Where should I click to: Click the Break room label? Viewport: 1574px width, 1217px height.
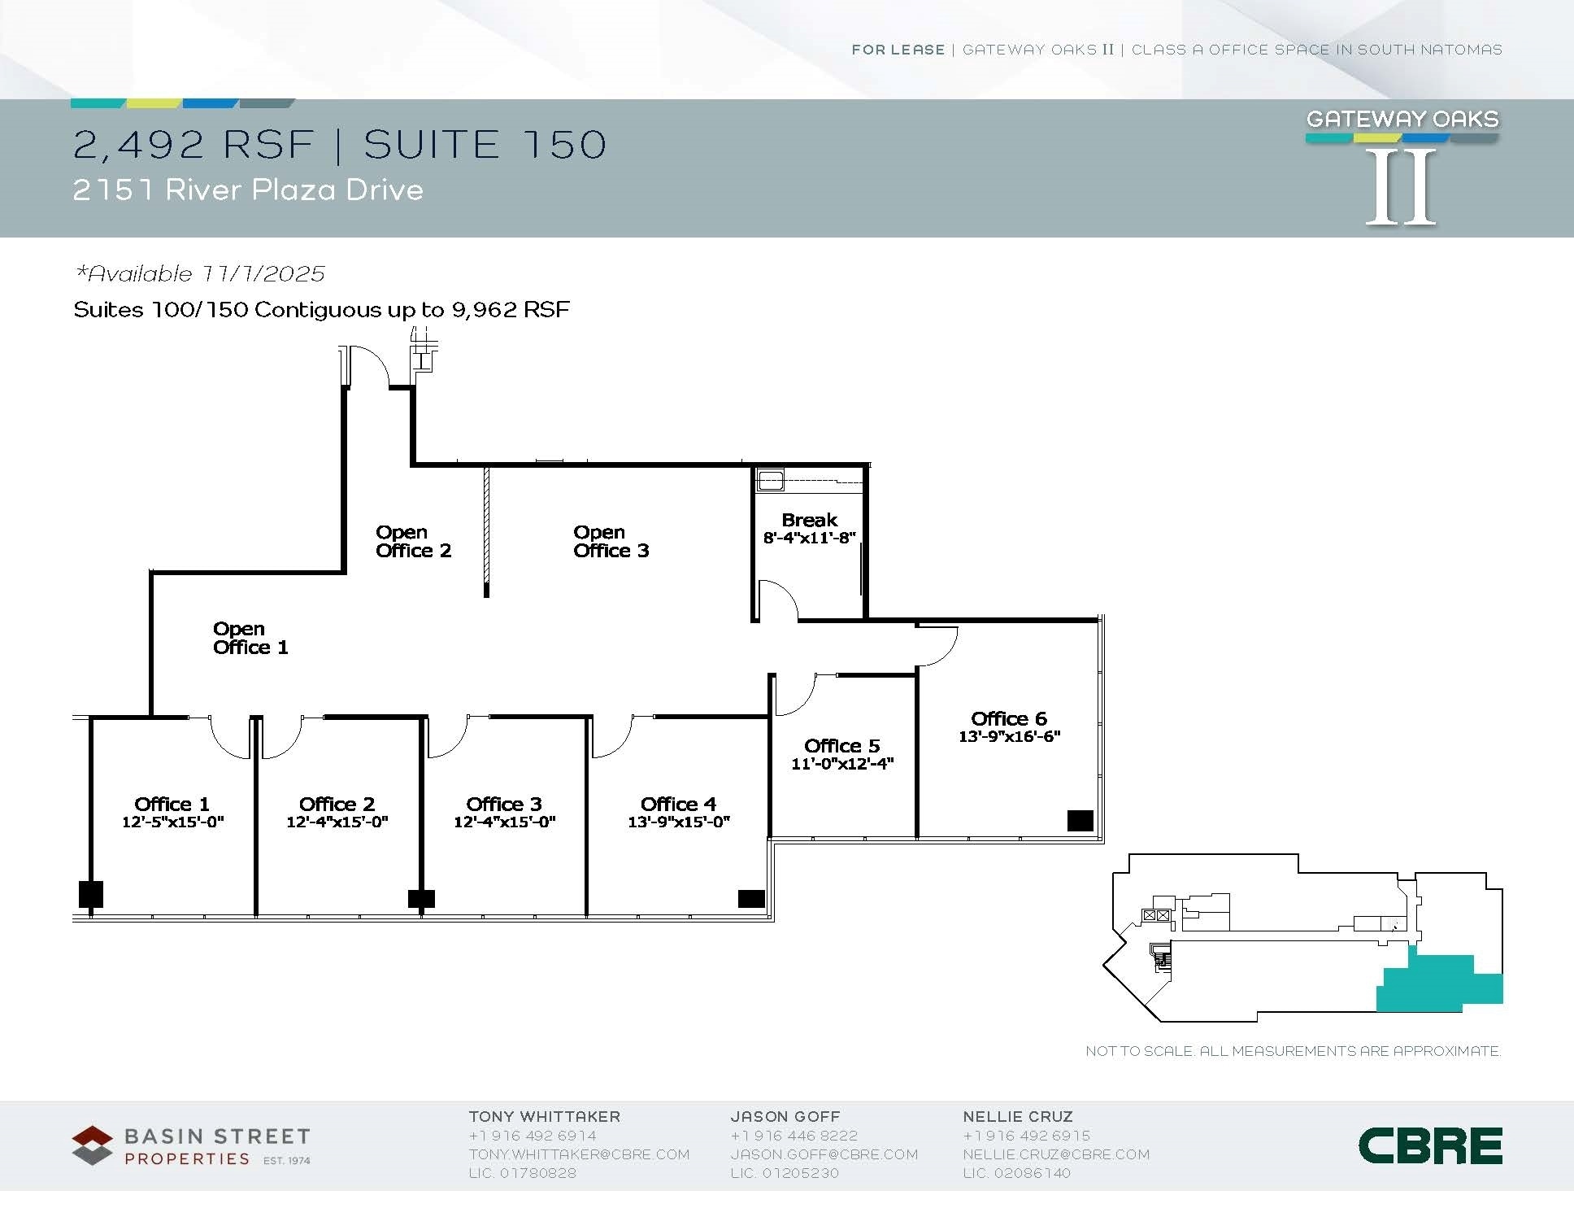[809, 520]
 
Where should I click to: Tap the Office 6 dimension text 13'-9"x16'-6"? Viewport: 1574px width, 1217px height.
[1009, 736]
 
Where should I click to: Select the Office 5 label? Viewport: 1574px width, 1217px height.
[841, 745]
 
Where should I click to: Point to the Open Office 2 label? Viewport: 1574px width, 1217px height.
[413, 542]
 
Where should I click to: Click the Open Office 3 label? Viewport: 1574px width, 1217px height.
[611, 542]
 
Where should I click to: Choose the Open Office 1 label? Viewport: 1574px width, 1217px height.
[250, 639]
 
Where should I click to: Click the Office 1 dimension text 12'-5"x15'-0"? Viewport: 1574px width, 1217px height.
[172, 822]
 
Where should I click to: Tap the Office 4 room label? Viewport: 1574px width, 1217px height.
[678, 804]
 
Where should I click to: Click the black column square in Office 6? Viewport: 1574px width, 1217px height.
[1080, 820]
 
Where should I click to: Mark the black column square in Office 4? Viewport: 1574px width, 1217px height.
[751, 898]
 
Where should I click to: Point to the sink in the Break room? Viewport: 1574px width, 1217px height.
[770, 480]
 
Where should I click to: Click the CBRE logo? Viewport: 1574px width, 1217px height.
[1430, 1145]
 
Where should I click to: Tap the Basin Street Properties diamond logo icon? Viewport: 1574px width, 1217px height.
[92, 1145]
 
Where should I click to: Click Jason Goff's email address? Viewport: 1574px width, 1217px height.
[824, 1154]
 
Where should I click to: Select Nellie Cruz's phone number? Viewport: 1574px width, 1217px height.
[1026, 1136]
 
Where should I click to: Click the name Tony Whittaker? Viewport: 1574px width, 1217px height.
[544, 1117]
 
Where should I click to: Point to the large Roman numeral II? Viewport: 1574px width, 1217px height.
[1401, 187]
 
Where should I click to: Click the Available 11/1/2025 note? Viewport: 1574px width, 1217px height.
[200, 273]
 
